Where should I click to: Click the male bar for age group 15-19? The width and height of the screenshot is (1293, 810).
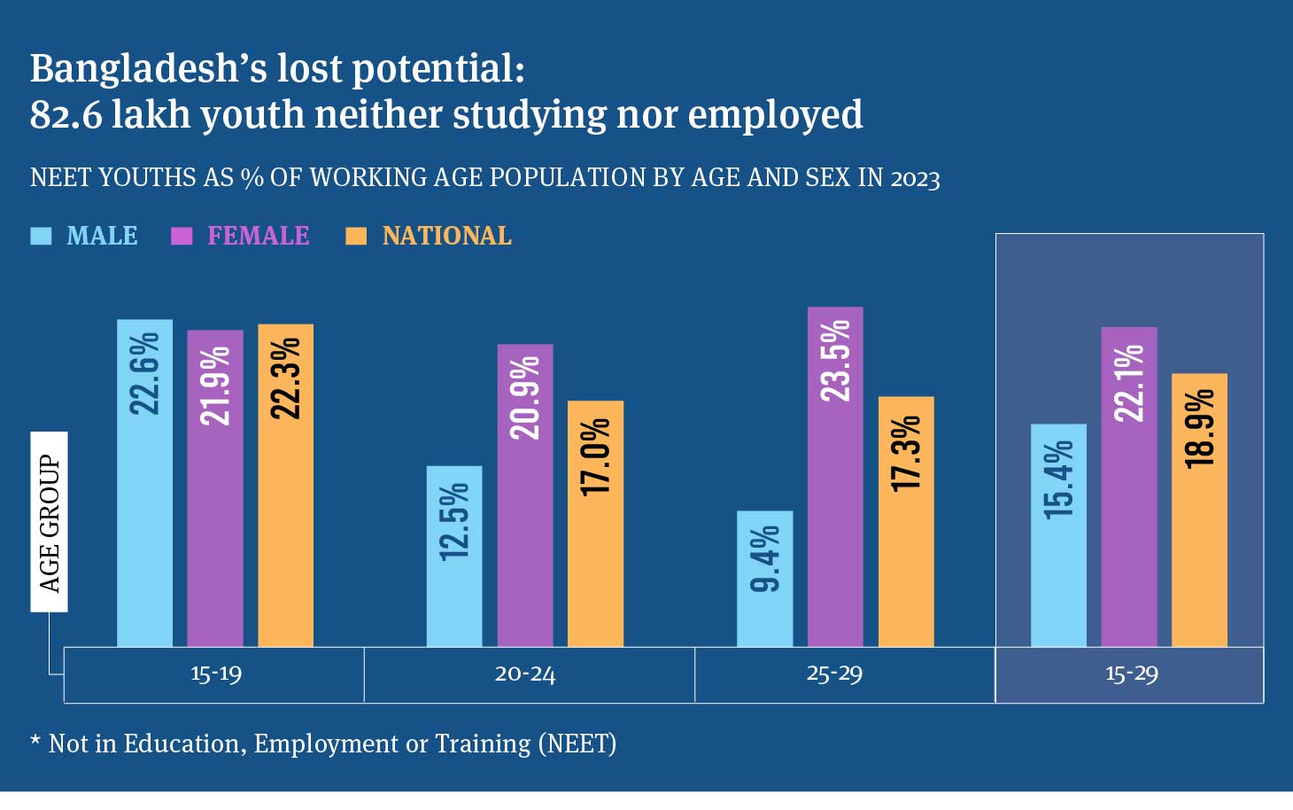[x=144, y=483]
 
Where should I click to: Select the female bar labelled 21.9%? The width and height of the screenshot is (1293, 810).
[x=215, y=488]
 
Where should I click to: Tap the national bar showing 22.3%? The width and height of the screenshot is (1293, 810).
[x=285, y=485]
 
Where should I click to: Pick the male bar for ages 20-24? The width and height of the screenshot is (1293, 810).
[x=454, y=556]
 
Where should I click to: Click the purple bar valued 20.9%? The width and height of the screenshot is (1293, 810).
[x=525, y=495]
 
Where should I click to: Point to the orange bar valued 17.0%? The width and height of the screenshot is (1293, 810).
[x=595, y=524]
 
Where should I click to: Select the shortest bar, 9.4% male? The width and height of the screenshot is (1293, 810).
[x=765, y=579]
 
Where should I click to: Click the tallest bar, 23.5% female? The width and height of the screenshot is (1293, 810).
[x=835, y=477]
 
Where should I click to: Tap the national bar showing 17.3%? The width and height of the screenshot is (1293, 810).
[x=906, y=521]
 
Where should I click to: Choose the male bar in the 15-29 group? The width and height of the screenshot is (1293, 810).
[x=1058, y=535]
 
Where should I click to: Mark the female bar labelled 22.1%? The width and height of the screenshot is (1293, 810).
[x=1129, y=487]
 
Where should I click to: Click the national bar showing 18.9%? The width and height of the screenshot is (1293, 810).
[x=1199, y=510]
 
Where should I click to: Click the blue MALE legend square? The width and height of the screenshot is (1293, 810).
[x=41, y=236]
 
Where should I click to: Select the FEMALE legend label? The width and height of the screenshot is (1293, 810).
[x=258, y=236]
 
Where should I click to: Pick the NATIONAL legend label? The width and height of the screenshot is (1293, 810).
[x=446, y=236]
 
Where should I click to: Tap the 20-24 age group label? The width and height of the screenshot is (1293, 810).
[x=525, y=674]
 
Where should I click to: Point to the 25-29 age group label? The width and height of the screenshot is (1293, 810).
[x=834, y=674]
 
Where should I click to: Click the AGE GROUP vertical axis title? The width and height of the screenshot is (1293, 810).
[x=50, y=523]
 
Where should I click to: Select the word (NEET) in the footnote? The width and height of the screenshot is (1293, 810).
[x=577, y=744]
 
